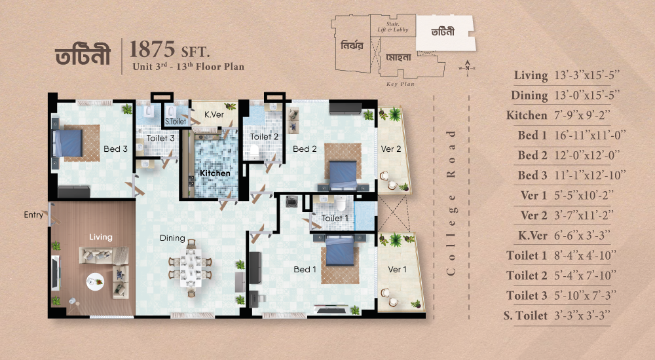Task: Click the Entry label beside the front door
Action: [x=33, y=215]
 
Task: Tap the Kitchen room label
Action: [x=215, y=173]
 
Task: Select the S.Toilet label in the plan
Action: [x=176, y=122]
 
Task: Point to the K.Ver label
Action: [x=214, y=114]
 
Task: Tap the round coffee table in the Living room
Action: [x=95, y=281]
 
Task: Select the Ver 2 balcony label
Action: [x=391, y=149]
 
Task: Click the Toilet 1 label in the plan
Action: [x=335, y=218]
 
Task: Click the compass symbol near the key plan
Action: [x=467, y=68]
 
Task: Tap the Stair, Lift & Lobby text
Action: [x=392, y=27]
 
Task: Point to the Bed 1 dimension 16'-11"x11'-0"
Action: [x=590, y=135]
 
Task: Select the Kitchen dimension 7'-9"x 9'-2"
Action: [x=582, y=115]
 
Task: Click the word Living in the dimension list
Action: [x=531, y=75]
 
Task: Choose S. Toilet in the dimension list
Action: [x=525, y=315]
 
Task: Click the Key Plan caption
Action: [x=400, y=84]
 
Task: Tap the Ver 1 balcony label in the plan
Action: [x=397, y=270]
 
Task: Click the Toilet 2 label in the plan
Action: [x=264, y=137]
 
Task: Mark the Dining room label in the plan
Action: [x=172, y=238]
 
